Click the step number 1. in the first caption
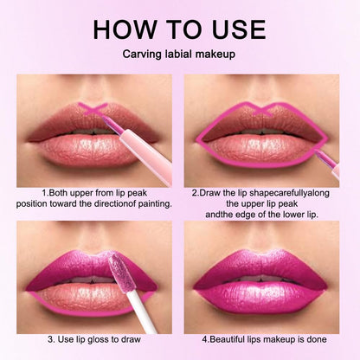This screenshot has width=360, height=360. click(43, 191)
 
